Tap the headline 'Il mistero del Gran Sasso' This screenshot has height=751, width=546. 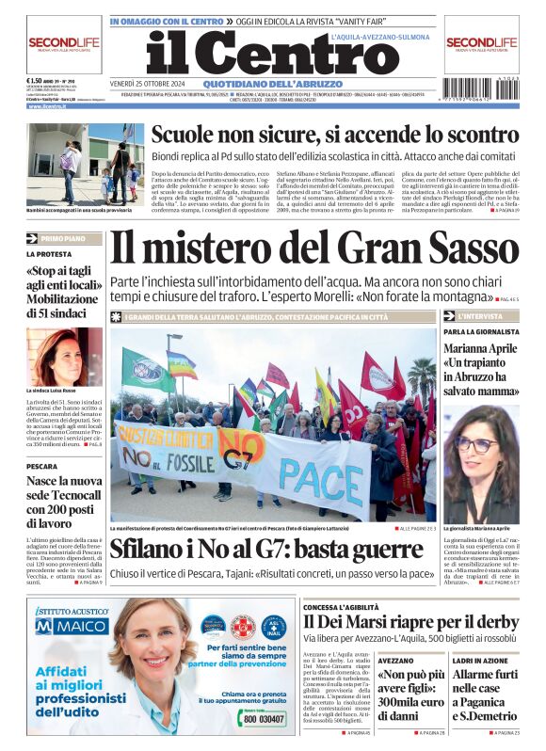pos(313,248)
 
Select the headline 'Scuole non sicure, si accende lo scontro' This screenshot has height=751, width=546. pos(334,135)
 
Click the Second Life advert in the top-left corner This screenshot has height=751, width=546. pos(63,44)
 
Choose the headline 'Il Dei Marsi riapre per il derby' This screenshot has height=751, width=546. pos(410,622)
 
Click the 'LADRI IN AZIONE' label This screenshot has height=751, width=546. pos(475,662)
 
